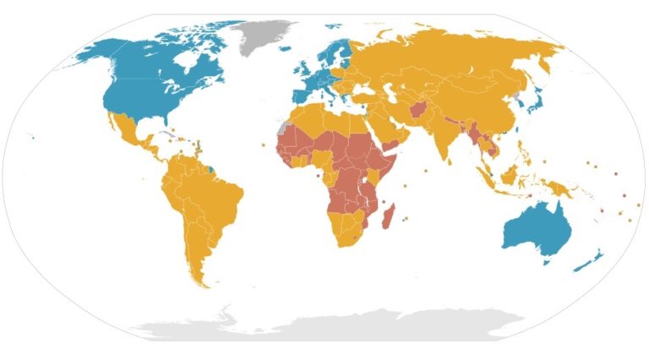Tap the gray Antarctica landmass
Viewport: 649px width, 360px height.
[x=338, y=325]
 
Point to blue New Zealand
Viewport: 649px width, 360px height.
[x=586, y=265]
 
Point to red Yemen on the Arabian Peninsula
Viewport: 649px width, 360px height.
[x=390, y=146]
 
